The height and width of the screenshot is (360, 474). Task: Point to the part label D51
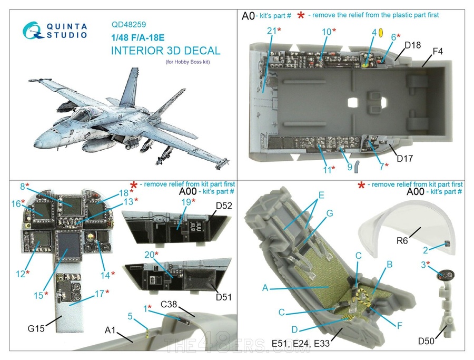224,297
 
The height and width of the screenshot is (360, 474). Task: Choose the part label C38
171,304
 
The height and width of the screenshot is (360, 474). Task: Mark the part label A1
110,331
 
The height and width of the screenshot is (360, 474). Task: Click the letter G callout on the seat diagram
329,213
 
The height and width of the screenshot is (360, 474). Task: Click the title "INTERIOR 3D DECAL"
165,51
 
